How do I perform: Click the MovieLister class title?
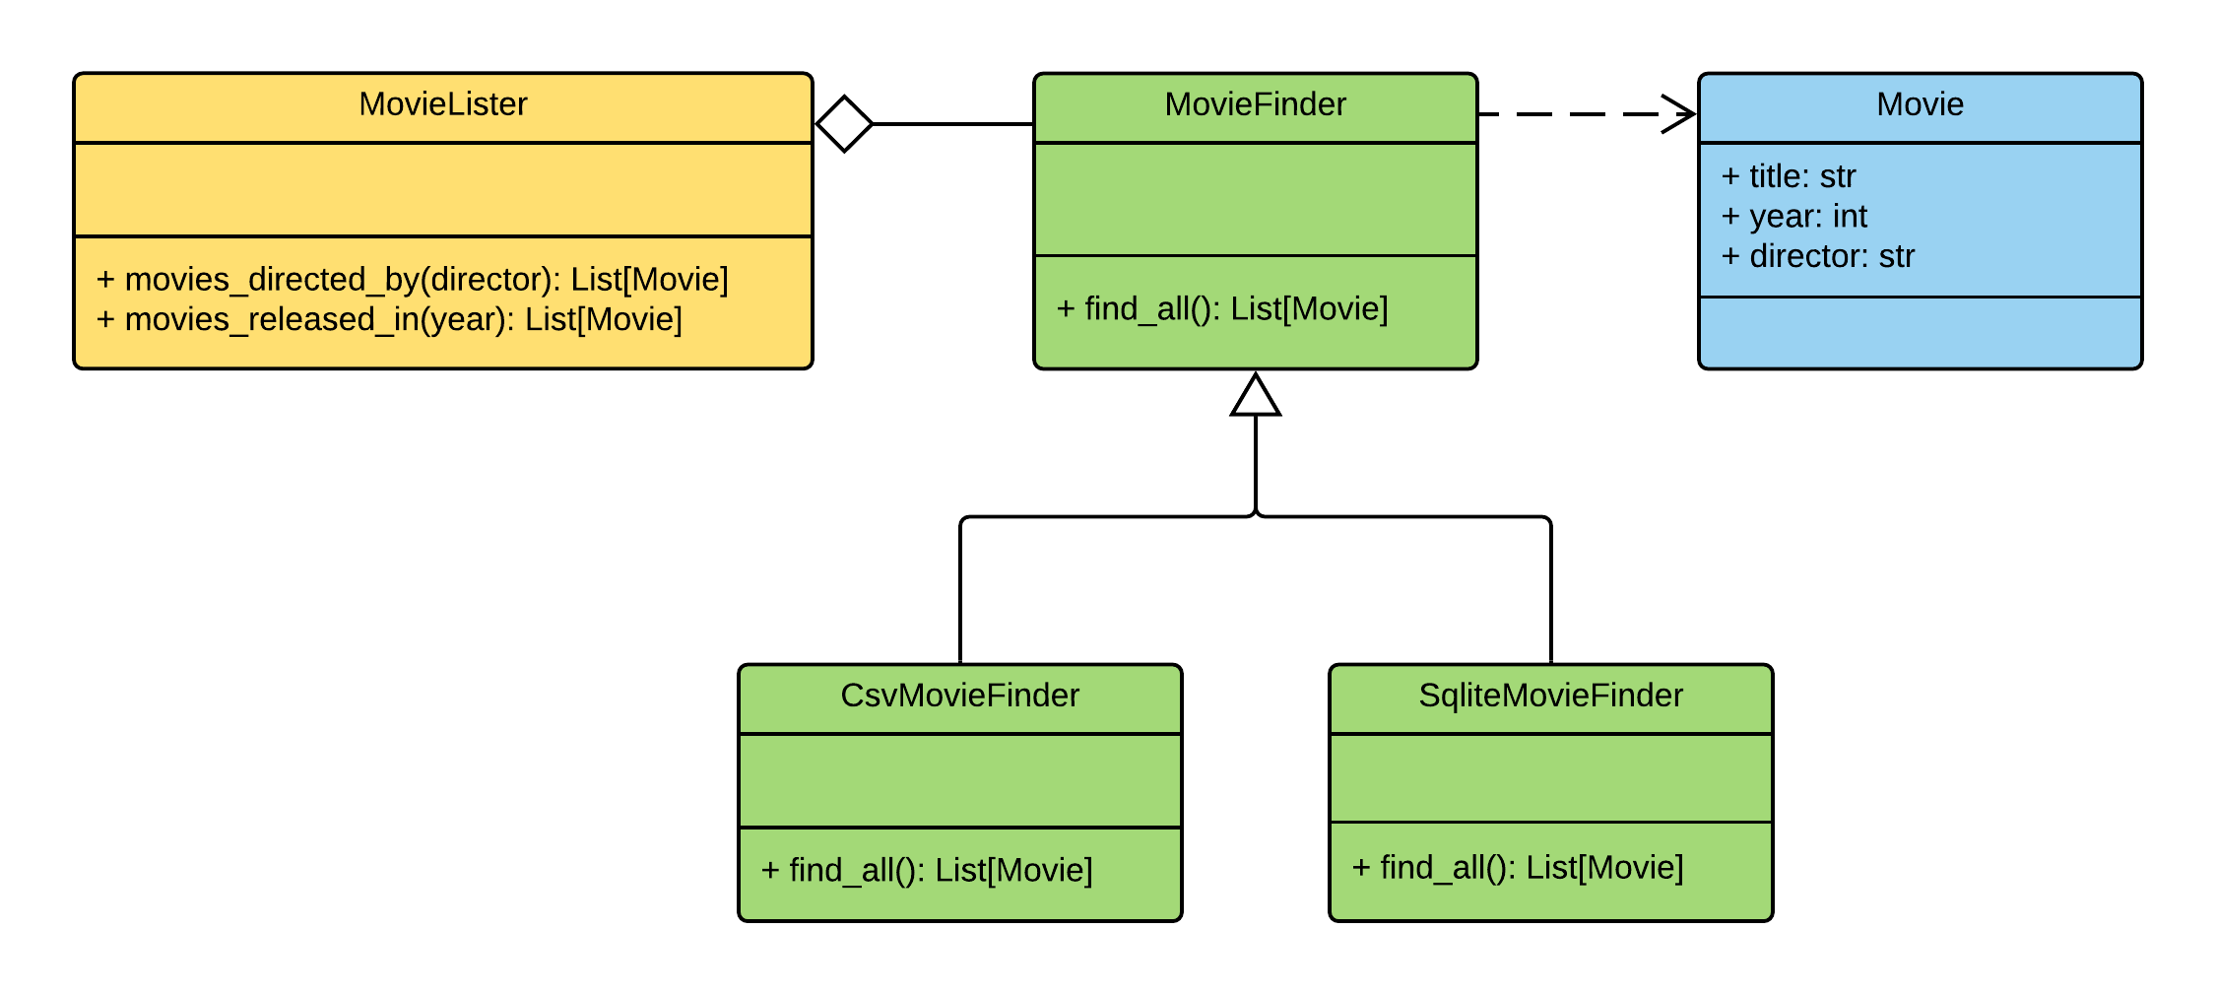442,104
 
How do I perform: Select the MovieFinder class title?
1255,104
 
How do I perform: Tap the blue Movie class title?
1920,104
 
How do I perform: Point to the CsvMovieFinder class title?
959,696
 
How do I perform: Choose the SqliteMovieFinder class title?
1550,696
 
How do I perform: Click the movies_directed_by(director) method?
412,280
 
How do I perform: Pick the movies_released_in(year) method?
389,319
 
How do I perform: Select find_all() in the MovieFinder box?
1221,309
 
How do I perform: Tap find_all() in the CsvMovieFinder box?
926,871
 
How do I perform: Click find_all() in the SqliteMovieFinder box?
1517,868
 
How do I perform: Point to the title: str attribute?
1788,176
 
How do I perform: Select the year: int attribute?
1793,216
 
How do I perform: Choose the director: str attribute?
1817,256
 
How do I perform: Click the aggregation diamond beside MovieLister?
845,124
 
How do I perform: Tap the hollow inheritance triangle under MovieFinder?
1256,396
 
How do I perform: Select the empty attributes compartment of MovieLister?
442,189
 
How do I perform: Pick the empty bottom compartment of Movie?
1920,332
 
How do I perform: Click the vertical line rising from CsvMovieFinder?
960,591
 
